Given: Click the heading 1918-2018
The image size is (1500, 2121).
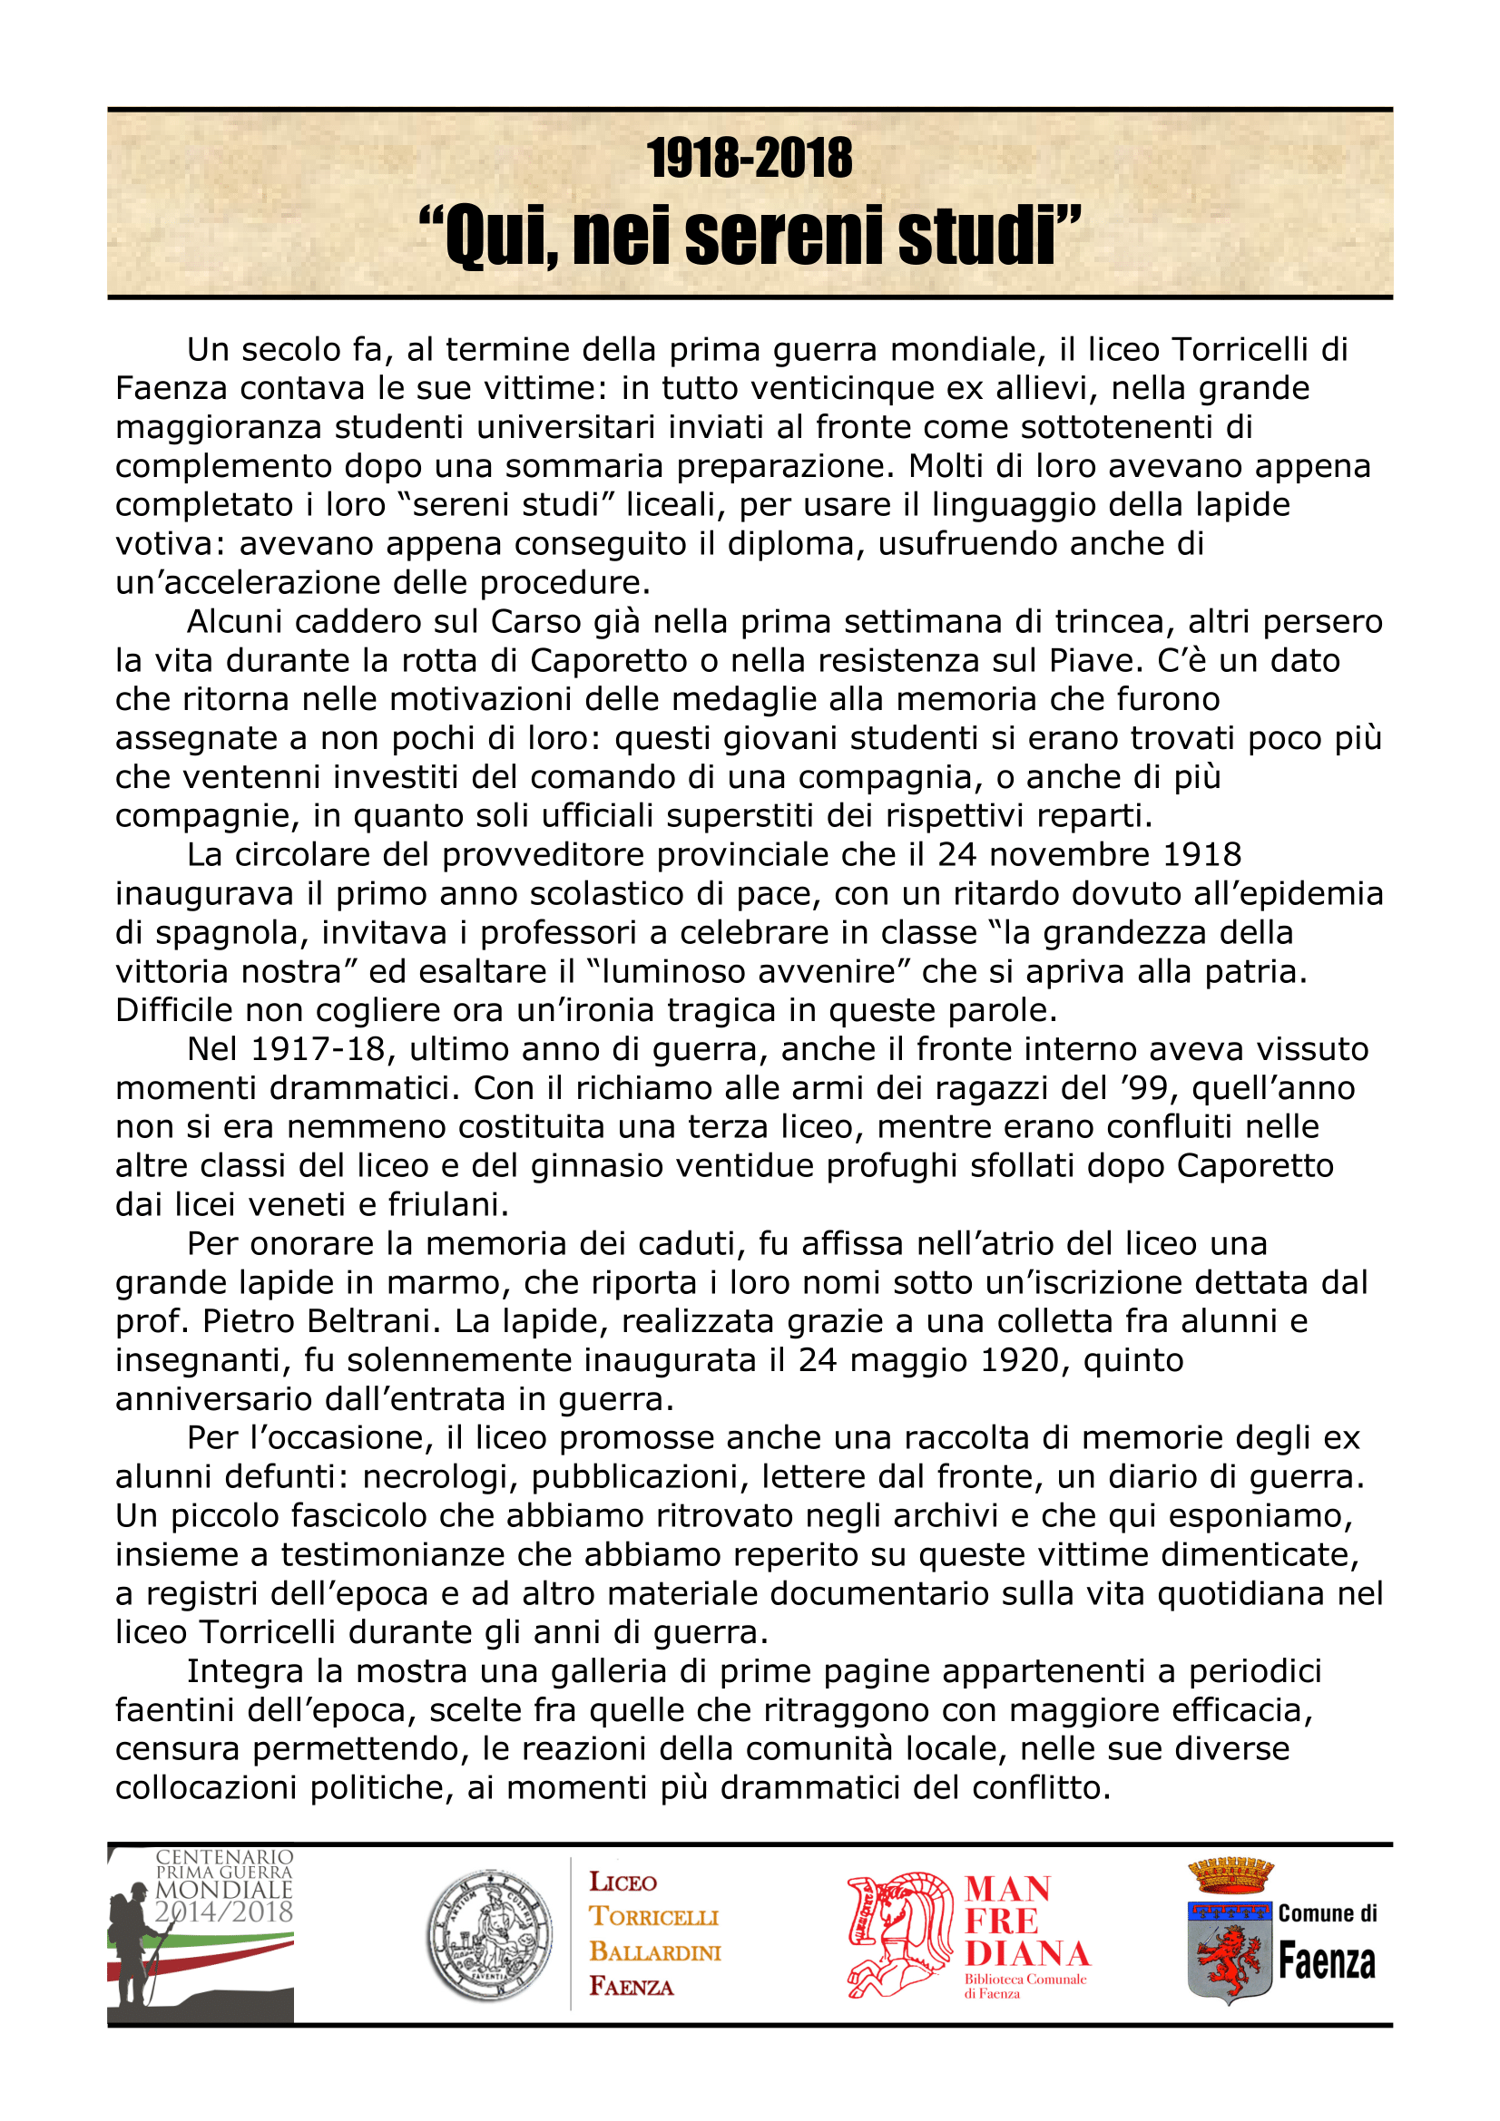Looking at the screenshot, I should click(750, 158).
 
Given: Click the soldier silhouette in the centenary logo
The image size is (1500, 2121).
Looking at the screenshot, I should click(137, 1941).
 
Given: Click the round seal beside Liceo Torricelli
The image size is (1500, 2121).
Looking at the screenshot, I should click(489, 1935).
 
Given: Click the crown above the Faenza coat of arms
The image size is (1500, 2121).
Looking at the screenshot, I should click(1230, 1875).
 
